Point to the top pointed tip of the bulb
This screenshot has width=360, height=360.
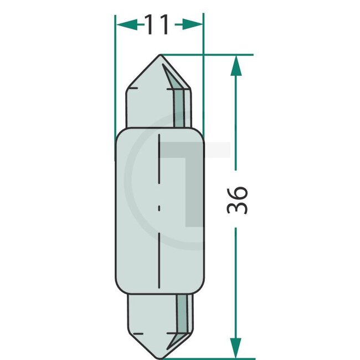160,55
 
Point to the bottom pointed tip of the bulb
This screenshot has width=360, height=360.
160,358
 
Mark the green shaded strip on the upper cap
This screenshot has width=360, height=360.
179,105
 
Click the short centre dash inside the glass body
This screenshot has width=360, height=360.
160,209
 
